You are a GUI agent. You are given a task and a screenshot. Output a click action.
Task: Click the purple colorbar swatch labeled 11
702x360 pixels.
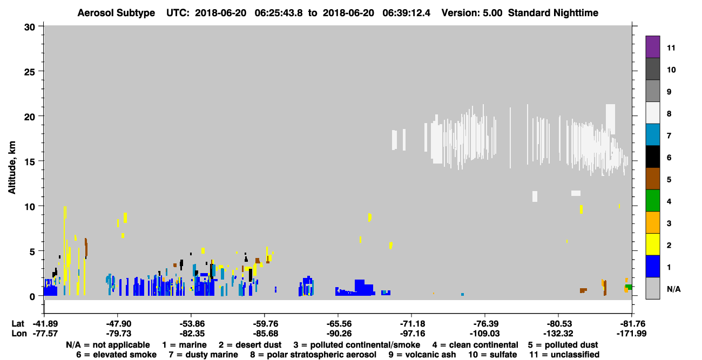(x=652, y=46)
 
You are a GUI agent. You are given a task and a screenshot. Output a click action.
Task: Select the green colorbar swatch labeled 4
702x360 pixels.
(x=652, y=201)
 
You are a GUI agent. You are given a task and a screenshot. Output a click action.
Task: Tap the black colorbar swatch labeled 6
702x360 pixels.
(x=652, y=157)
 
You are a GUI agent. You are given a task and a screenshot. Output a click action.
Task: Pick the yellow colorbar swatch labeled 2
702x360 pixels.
(x=652, y=244)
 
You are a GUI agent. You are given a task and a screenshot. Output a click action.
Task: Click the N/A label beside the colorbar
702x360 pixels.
(x=673, y=289)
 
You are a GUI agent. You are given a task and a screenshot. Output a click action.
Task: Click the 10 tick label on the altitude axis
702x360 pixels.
(x=30, y=207)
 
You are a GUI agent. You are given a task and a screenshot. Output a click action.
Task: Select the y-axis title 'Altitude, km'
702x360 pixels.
(x=11, y=167)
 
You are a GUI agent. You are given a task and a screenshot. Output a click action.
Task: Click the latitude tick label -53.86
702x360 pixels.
(x=192, y=324)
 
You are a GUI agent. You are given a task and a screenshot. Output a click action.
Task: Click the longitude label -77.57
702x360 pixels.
(x=45, y=334)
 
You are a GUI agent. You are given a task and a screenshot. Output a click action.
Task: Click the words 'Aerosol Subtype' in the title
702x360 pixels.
(x=116, y=13)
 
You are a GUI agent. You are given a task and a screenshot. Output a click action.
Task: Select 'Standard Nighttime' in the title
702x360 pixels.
(x=553, y=13)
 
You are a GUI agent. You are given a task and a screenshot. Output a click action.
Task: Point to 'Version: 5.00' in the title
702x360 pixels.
(x=472, y=13)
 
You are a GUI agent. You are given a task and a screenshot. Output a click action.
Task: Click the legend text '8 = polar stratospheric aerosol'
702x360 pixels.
(x=313, y=355)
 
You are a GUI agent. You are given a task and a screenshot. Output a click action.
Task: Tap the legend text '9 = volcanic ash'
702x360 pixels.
(x=422, y=355)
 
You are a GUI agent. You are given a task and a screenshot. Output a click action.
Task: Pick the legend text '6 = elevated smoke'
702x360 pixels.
(x=116, y=355)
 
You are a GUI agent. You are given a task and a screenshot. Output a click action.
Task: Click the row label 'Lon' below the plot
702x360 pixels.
(x=19, y=334)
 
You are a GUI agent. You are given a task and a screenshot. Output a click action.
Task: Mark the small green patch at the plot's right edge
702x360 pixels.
(x=629, y=287)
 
